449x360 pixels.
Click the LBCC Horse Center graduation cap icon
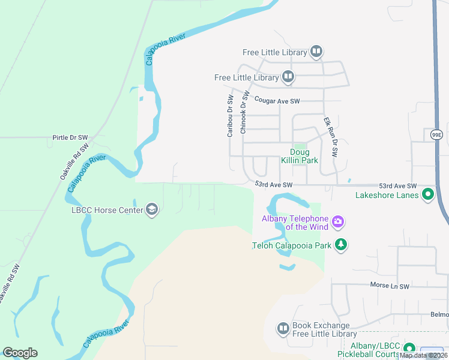[152, 209]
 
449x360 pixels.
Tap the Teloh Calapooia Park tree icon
[341, 244]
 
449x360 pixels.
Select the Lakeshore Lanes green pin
[428, 194]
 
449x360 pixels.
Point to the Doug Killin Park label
[300, 156]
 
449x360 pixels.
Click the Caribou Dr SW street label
[230, 116]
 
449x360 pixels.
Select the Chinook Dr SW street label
[244, 112]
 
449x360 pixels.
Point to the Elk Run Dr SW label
[331, 137]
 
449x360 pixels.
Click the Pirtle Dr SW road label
[70, 137]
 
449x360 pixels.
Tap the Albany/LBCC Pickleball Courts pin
[409, 349]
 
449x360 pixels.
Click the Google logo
[20, 353]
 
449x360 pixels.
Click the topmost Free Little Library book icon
[316, 52]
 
